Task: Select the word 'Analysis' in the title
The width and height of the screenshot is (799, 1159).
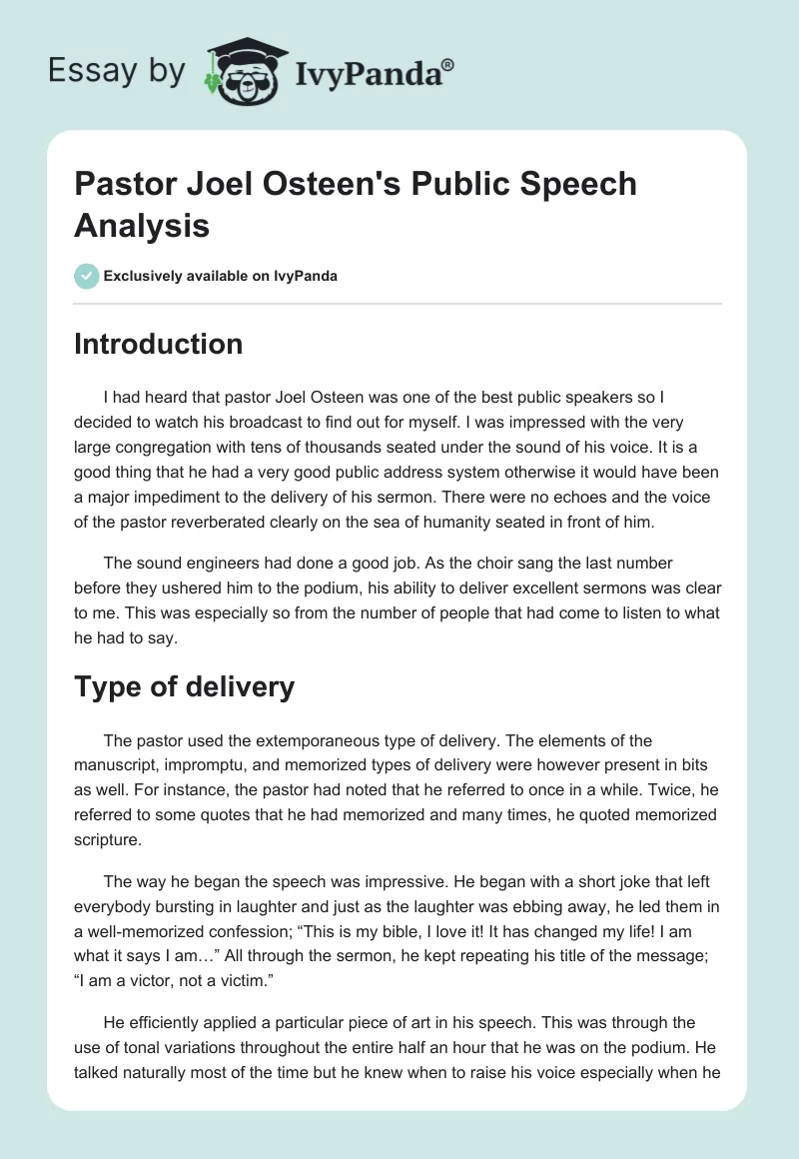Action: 142,225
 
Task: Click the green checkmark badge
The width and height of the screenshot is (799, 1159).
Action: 86,276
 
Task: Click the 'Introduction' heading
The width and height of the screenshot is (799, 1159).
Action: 159,344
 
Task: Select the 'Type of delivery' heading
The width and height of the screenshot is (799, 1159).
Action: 184,686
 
